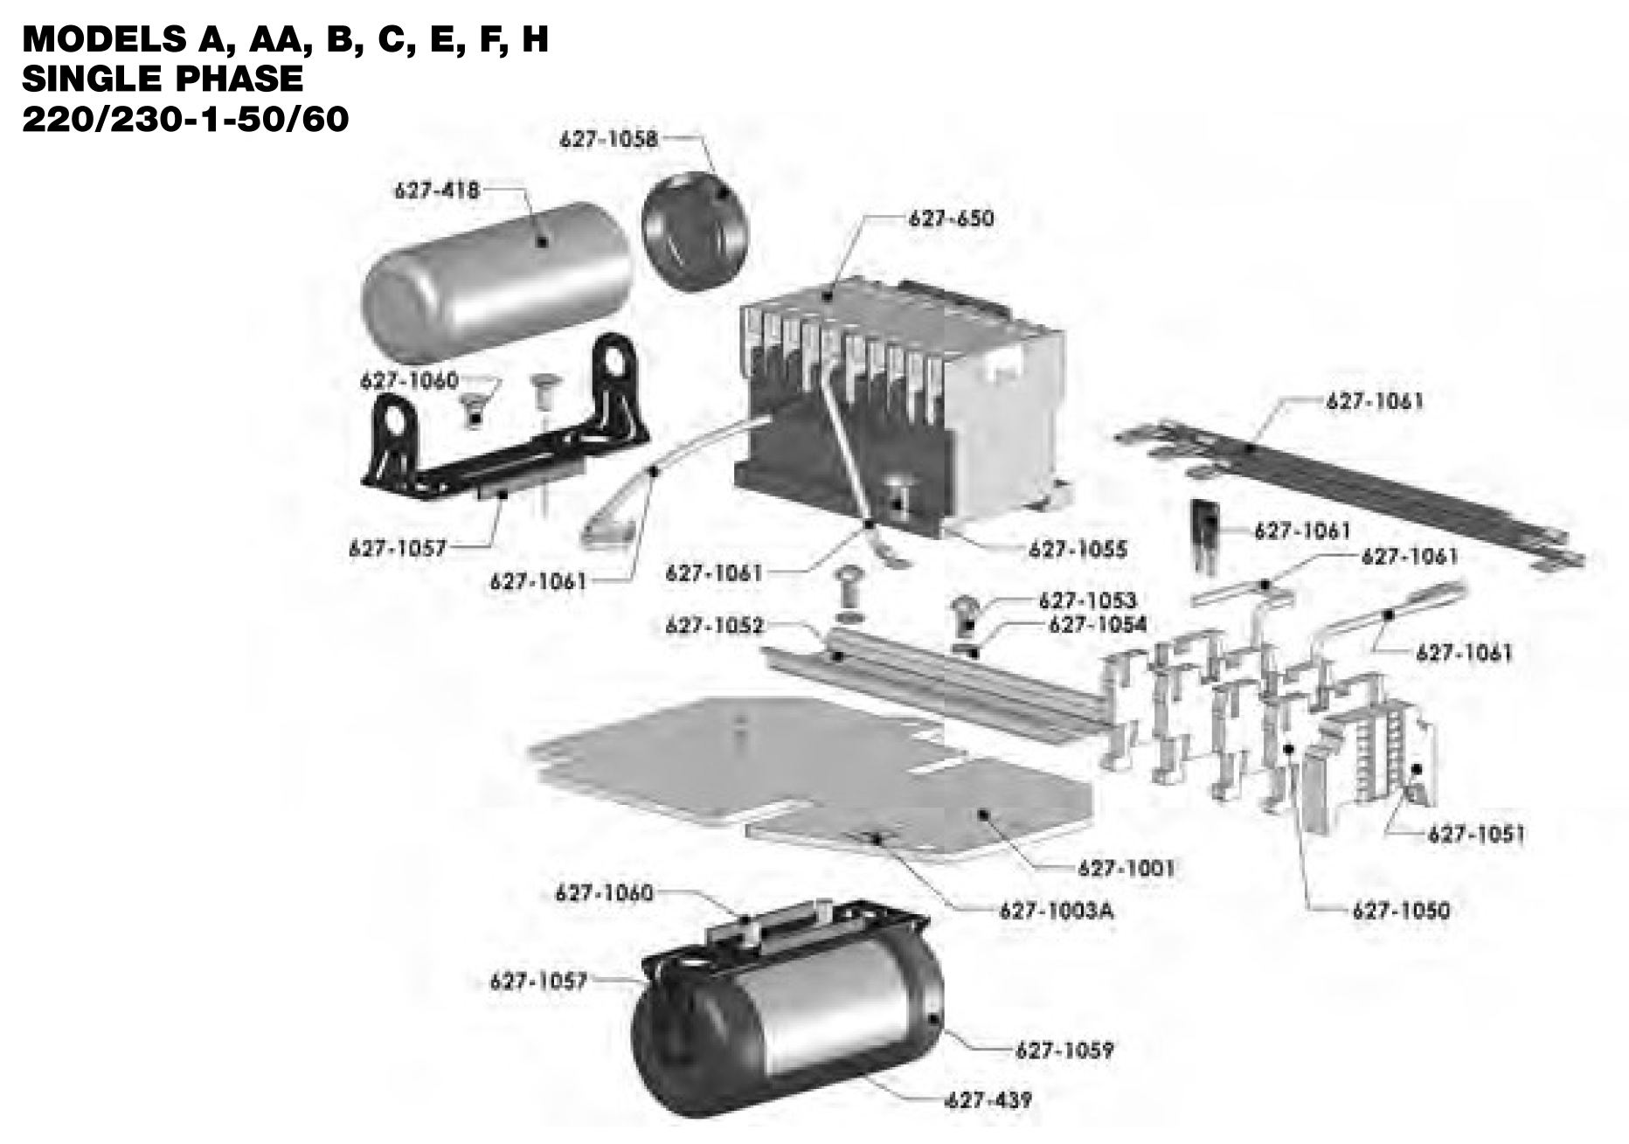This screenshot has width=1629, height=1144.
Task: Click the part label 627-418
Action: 437,190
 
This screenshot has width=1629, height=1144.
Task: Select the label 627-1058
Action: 608,138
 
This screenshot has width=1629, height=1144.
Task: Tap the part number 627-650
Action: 951,218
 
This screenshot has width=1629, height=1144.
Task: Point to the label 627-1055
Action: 1078,549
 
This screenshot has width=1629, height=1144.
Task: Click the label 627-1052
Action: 714,626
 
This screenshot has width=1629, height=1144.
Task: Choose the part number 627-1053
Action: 1087,600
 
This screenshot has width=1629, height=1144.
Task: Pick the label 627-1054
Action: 1097,624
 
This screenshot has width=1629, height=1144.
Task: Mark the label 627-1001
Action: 1126,868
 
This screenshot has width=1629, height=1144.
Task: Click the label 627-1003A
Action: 1057,911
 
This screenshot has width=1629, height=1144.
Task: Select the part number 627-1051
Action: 1477,834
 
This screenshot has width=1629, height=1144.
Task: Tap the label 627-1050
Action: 1401,911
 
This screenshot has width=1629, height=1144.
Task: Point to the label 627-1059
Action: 1064,1050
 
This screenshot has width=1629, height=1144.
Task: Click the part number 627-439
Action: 988,1099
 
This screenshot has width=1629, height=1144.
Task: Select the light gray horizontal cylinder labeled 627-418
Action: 496,282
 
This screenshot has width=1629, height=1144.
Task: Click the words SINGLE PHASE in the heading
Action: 163,79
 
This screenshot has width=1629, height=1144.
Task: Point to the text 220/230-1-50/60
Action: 185,119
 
